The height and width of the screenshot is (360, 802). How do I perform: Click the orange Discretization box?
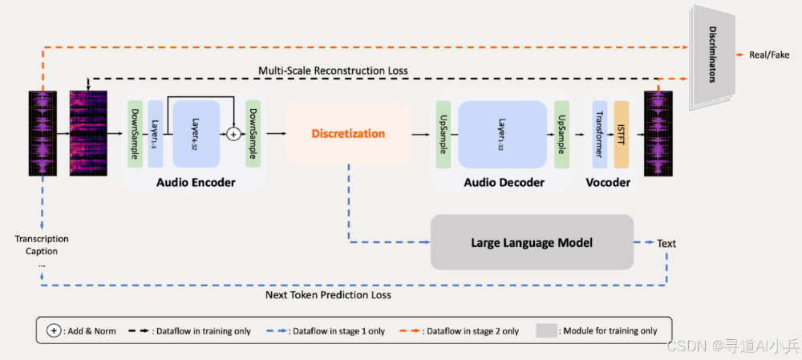pyautogui.click(x=348, y=134)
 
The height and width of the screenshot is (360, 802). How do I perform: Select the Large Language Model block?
pyautogui.click(x=532, y=242)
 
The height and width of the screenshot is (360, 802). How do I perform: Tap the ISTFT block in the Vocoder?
pyautogui.click(x=621, y=134)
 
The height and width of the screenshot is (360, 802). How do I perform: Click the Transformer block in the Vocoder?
pyautogui.click(x=599, y=134)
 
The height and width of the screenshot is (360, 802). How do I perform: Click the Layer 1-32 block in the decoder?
pyautogui.click(x=502, y=134)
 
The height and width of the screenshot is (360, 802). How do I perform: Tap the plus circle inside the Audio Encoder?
pyautogui.click(x=233, y=134)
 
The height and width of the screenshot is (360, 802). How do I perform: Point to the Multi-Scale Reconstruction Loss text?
pyautogui.click(x=333, y=71)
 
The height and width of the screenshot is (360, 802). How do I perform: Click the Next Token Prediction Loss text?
pyautogui.click(x=328, y=295)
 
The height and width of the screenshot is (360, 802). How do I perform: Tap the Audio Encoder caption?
pyautogui.click(x=196, y=183)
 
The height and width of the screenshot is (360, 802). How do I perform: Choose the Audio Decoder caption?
pyautogui.click(x=504, y=183)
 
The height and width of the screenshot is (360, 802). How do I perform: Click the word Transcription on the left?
pyautogui.click(x=42, y=239)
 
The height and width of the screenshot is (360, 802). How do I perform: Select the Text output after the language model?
pyautogui.click(x=666, y=242)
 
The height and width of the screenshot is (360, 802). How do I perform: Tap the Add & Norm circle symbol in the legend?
pyautogui.click(x=54, y=330)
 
